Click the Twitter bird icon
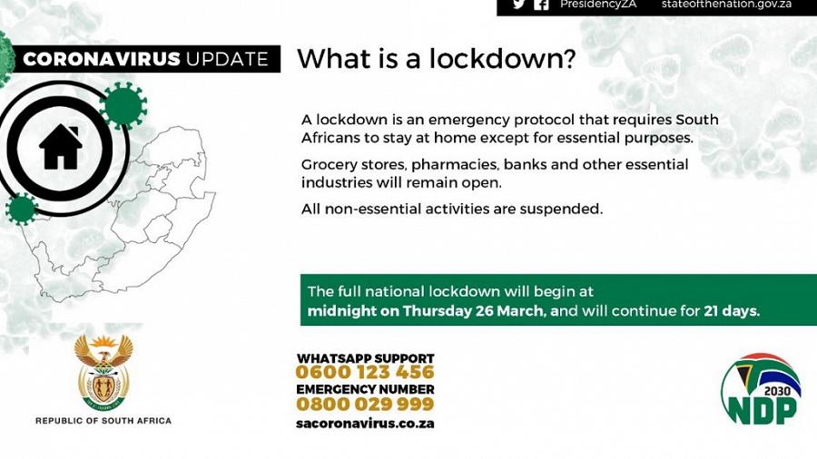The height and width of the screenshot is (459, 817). click(519, 5)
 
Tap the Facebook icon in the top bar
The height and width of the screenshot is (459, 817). click(542, 5)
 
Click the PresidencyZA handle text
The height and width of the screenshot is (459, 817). click(598, 5)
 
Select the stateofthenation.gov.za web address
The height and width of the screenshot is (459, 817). click(726, 5)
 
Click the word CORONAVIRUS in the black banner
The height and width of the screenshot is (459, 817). click(101, 60)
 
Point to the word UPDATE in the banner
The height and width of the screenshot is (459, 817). click(227, 60)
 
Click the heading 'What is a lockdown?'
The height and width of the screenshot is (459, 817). click(436, 59)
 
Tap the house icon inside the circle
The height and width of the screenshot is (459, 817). click(61, 148)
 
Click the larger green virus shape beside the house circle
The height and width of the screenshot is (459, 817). click(124, 105)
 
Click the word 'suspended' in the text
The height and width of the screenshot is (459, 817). click(562, 209)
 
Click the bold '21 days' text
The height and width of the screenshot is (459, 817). click(732, 311)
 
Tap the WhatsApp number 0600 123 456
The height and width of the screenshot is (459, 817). click(365, 373)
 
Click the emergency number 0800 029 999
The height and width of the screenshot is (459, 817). click(365, 405)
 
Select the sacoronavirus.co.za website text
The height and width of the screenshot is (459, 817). click(365, 424)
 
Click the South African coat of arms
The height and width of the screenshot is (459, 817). click(103, 372)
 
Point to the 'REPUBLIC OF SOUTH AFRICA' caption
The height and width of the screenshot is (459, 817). click(103, 421)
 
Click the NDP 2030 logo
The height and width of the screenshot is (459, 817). click(761, 390)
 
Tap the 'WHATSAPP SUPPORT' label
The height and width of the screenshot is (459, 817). click(365, 358)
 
